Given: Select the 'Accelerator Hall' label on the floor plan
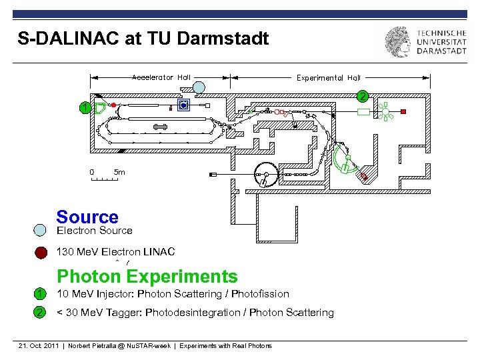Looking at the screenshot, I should point(161,77).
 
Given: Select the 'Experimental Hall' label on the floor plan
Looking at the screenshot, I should point(329,78).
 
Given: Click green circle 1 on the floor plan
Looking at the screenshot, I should point(83,108).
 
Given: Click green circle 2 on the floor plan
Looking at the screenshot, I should point(362,96).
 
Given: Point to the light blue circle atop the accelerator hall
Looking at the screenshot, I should point(199,87).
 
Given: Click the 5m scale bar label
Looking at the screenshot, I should point(119,172).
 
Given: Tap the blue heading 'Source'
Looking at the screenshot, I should point(87,217).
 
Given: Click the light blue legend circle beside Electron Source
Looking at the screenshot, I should point(41,231).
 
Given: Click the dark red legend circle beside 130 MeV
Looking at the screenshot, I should point(41,252).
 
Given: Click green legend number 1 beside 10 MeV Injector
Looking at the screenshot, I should point(41,294).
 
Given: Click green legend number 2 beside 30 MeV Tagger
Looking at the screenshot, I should point(41,313).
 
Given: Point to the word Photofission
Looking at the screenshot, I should point(261,294).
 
